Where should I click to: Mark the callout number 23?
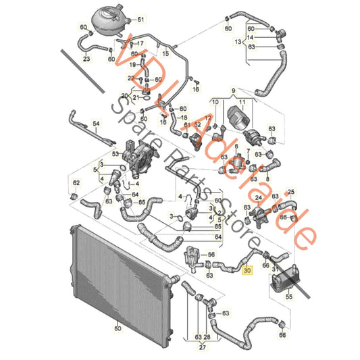86,59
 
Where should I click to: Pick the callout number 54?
96,124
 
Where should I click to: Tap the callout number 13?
236,41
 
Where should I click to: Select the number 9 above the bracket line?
233,91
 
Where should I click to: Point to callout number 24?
259,197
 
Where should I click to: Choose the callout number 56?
211,255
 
